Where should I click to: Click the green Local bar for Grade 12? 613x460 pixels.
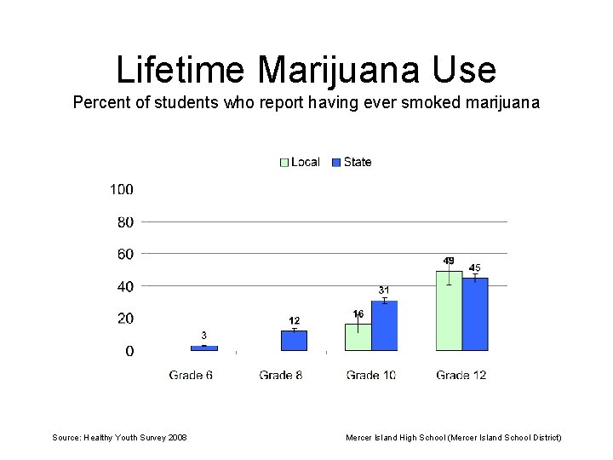449,311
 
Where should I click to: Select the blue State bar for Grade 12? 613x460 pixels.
476,313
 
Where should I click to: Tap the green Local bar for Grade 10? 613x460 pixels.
358,336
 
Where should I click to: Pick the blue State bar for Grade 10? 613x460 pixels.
385,325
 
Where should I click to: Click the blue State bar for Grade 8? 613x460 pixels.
294,341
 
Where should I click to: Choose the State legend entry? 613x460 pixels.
351,162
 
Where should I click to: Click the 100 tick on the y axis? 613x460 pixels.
121,189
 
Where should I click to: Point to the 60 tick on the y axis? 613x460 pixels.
124,254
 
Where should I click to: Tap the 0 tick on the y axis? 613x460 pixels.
129,351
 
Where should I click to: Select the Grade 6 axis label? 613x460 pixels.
191,375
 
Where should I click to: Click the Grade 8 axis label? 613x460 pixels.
281,375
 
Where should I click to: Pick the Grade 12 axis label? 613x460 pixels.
461,375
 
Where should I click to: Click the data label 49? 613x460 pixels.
448,261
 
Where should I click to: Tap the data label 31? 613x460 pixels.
384,290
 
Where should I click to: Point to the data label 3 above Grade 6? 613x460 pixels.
203,335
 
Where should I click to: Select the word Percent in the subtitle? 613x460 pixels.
98,103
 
